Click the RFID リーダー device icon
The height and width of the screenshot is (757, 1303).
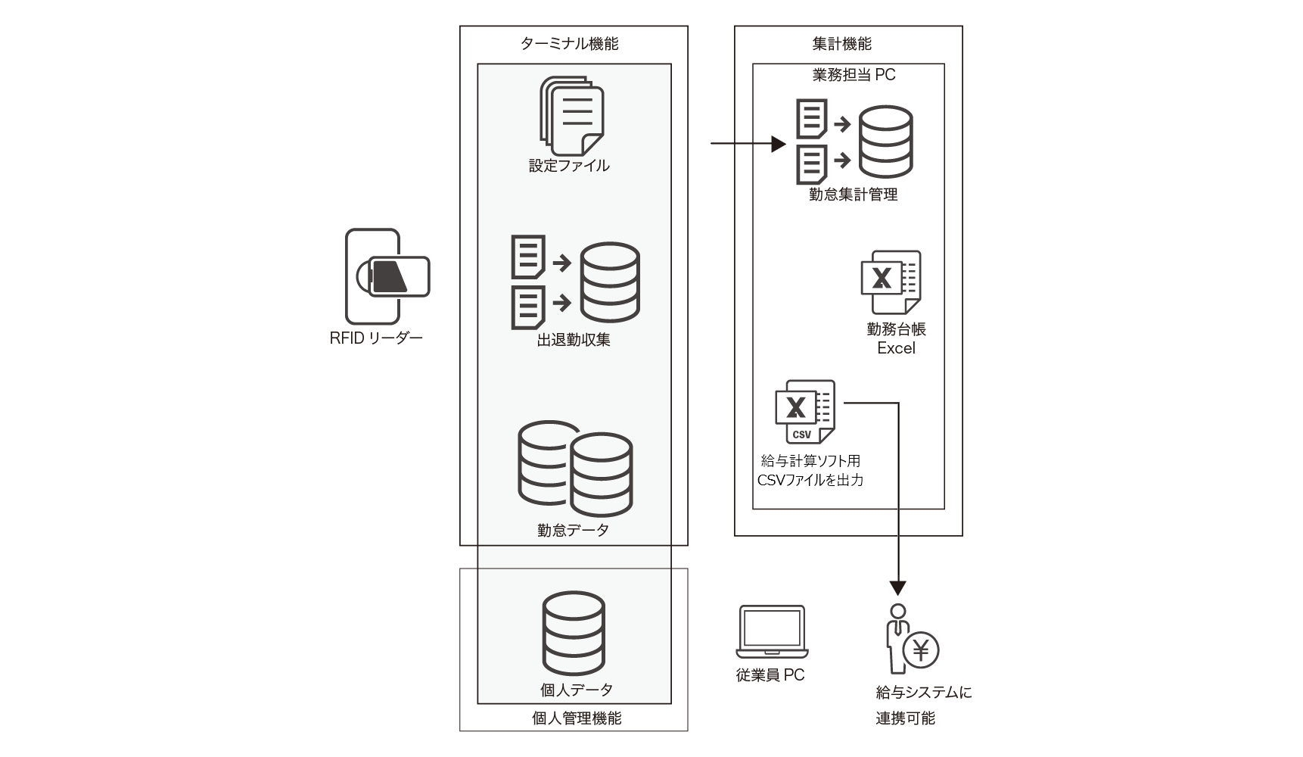(x=387, y=276)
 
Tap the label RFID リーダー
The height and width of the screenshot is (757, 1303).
(x=376, y=338)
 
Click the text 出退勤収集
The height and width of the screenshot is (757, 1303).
(x=574, y=340)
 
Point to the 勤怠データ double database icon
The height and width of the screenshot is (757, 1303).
(x=575, y=469)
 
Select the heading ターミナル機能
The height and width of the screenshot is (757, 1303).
(x=569, y=44)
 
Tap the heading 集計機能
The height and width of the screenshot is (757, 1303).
(x=841, y=44)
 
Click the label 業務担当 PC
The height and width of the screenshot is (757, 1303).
(x=853, y=75)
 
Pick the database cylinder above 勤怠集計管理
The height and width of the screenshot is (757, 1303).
(x=885, y=142)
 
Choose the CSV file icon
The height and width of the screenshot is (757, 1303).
(x=805, y=412)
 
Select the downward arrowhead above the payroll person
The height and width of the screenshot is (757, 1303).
(x=897, y=587)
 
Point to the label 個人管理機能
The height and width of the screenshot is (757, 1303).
(x=577, y=718)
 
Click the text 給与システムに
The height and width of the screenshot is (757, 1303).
(x=924, y=692)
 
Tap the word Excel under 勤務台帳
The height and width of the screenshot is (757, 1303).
(x=896, y=348)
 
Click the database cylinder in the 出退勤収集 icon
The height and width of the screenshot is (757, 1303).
(x=609, y=282)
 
